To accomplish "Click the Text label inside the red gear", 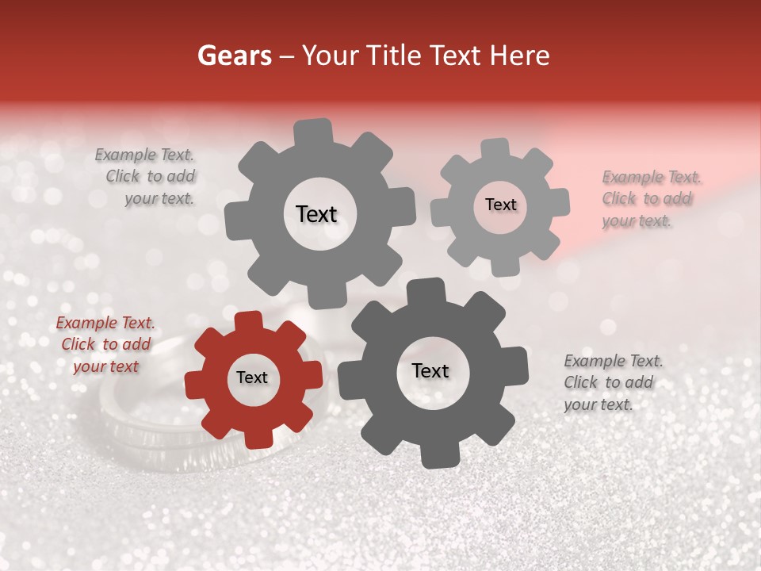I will tap(252, 378).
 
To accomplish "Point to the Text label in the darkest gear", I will tap(430, 371).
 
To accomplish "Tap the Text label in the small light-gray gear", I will tap(500, 205).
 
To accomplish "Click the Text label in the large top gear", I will tap(316, 214).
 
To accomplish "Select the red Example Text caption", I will tap(105, 345).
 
